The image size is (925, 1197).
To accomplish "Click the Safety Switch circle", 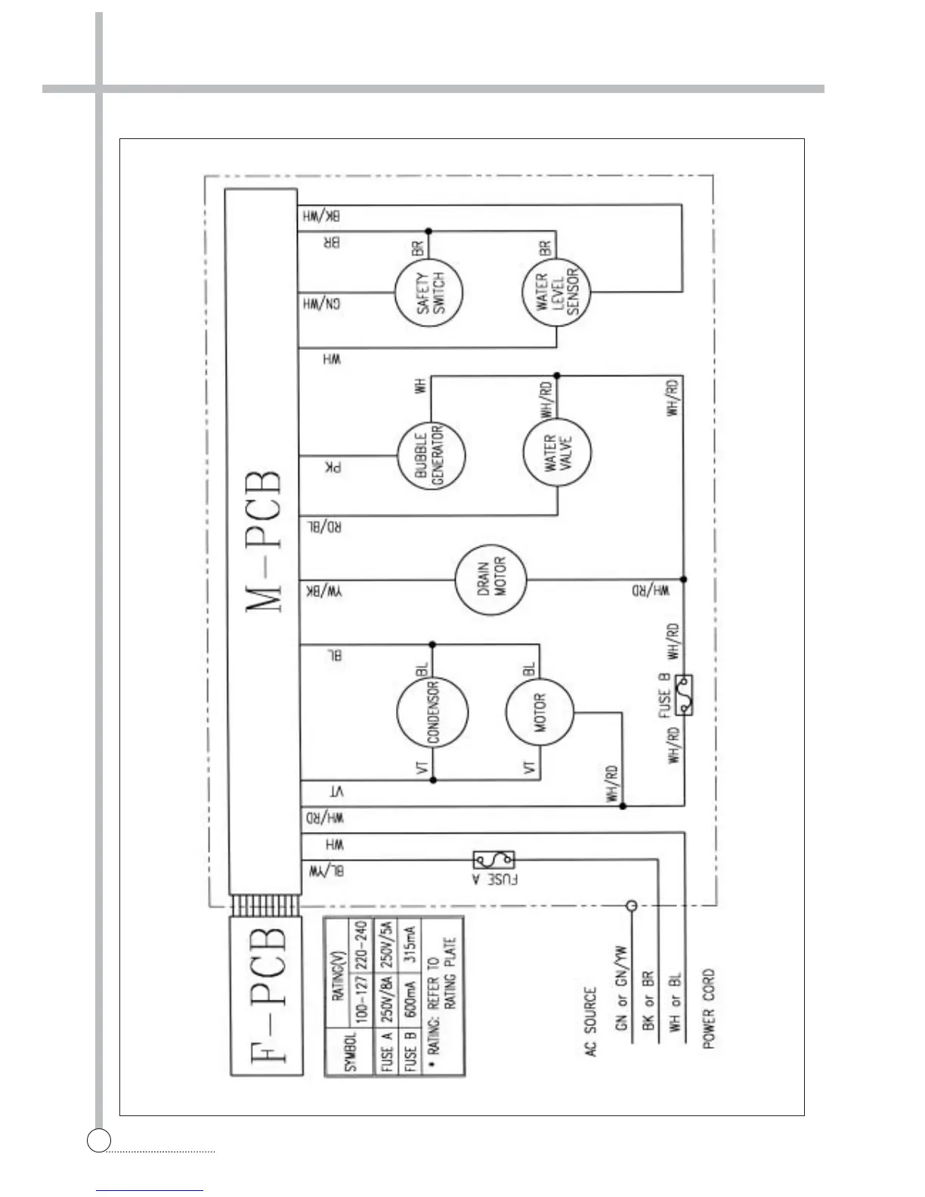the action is [x=428, y=294].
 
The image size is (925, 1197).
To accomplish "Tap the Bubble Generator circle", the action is [x=431, y=456].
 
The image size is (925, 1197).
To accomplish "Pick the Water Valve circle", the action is [x=557, y=452].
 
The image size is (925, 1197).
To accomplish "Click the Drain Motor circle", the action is [x=491, y=580].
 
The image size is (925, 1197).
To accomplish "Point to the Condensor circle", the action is [x=432, y=713].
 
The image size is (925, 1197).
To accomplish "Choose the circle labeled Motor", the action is [x=540, y=713].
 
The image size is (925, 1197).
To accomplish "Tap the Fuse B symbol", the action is [x=685, y=694].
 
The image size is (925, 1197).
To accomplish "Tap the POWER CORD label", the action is [x=708, y=1009].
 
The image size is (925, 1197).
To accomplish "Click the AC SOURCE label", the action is [x=591, y=1021].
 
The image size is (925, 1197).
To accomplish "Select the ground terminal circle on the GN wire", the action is [x=631, y=905].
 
